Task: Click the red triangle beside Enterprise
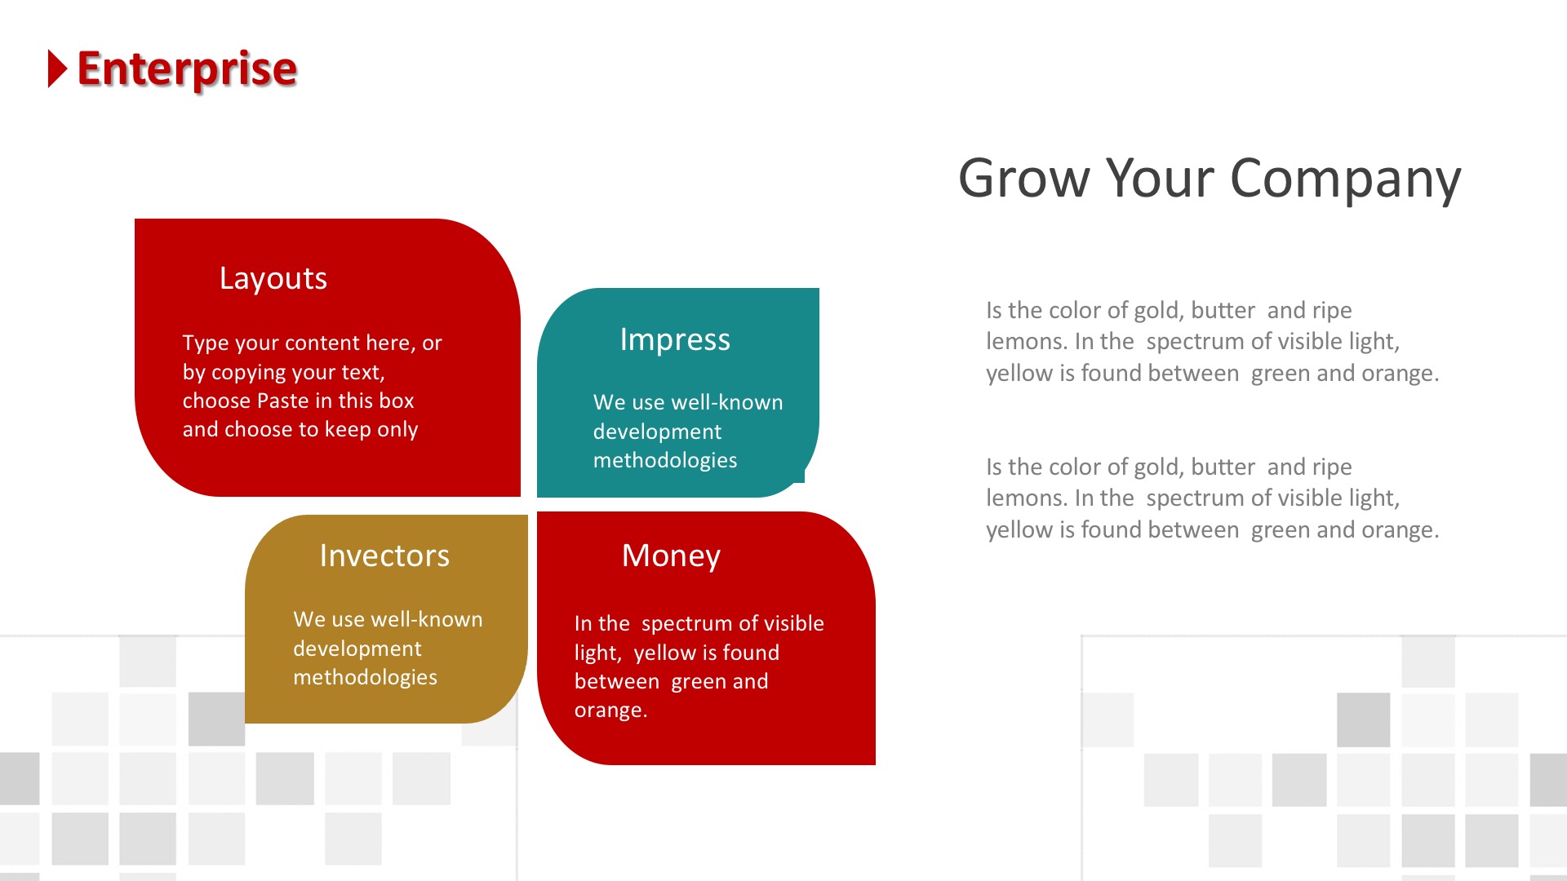pyautogui.click(x=57, y=69)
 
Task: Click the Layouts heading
pyautogui.click(x=273, y=279)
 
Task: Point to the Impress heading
pyautogui.click(x=675, y=339)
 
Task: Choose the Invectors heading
pyautogui.click(x=384, y=556)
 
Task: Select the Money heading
pyautogui.click(x=671, y=556)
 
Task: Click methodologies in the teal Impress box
pyautogui.click(x=665, y=461)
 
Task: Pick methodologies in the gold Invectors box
pyautogui.click(x=365, y=678)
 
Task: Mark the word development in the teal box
pyautogui.click(x=657, y=432)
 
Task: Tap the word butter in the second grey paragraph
pyautogui.click(x=1223, y=467)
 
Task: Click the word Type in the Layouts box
pyautogui.click(x=206, y=343)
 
